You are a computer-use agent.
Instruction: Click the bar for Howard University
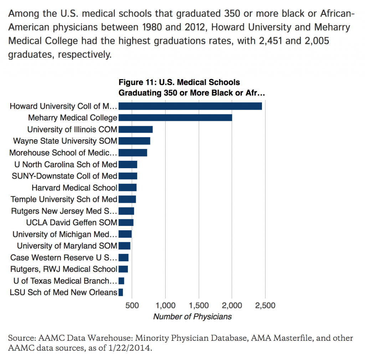pyautogui.click(x=190, y=106)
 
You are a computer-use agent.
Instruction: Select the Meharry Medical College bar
pyautogui.click(x=175, y=118)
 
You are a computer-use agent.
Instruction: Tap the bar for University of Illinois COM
pyautogui.click(x=135, y=129)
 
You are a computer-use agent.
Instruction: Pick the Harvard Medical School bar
pyautogui.click(x=127, y=187)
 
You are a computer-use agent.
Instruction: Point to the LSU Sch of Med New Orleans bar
pyautogui.click(x=121, y=293)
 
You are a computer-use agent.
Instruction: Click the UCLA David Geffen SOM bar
pyautogui.click(x=126, y=222)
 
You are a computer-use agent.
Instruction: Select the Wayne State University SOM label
pyautogui.click(x=65, y=141)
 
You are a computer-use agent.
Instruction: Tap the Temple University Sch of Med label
pyautogui.click(x=64, y=199)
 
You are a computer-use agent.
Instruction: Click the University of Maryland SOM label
pyautogui.click(x=67, y=246)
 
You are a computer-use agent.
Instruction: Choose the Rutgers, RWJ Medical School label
pyautogui.click(x=64, y=269)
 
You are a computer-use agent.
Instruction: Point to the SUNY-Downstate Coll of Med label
pyautogui.click(x=64, y=176)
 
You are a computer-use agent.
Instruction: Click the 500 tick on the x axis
pyautogui.click(x=132, y=305)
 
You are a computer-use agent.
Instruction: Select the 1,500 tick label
pyautogui.click(x=199, y=305)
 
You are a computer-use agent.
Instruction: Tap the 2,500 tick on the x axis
pyautogui.click(x=265, y=305)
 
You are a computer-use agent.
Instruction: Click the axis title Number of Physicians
pyautogui.click(x=192, y=317)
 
